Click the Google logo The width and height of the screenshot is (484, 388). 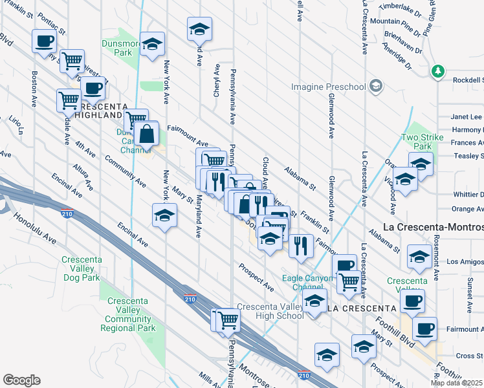click(x=21, y=380)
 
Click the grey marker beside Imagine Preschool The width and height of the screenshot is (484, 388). click(x=375, y=86)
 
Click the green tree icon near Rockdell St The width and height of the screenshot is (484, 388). click(x=438, y=70)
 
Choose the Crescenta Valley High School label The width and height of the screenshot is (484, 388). click(x=270, y=311)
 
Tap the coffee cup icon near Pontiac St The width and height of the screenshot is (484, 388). click(x=44, y=41)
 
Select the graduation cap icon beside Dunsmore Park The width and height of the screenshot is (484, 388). click(x=153, y=44)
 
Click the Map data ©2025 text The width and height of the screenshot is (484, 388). click(x=457, y=383)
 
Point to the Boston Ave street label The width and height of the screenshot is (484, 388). click(x=33, y=89)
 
